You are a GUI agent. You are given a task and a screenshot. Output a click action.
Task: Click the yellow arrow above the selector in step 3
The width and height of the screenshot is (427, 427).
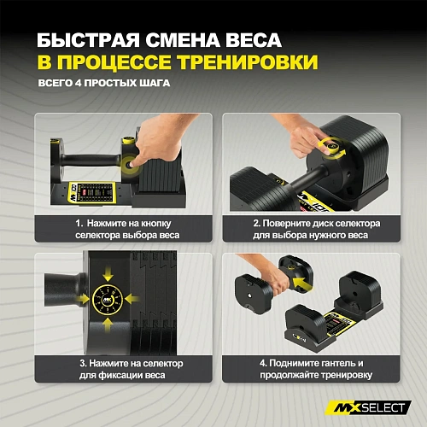[108, 272]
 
